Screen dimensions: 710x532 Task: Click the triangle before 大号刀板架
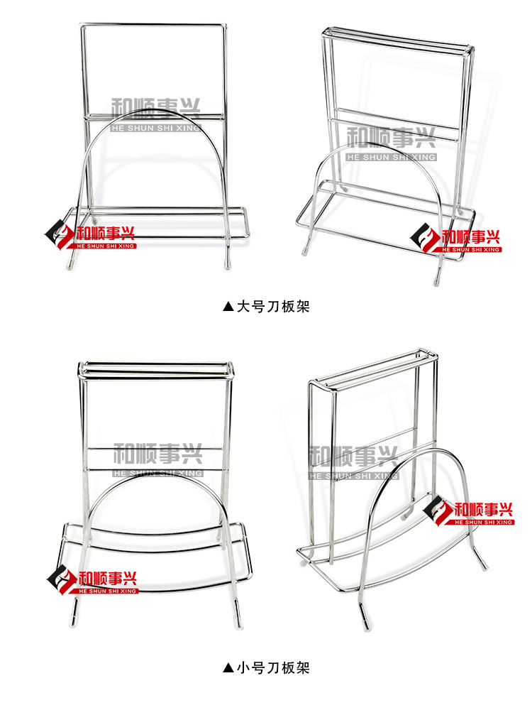pos(228,307)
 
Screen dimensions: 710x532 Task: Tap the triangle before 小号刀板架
pos(228,667)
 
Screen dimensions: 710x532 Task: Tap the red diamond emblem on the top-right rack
pos(425,236)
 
